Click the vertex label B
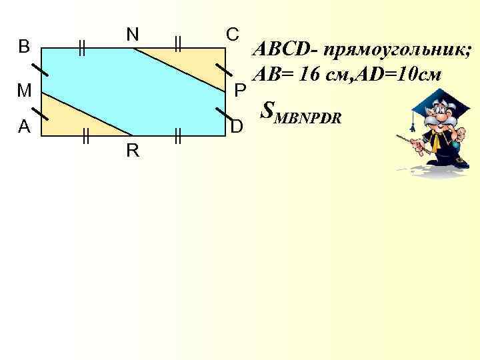24,46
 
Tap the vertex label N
133,33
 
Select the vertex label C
231,33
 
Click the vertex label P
241,89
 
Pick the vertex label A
24,127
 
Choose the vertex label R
133,151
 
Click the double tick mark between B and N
81,47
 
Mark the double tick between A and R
85,137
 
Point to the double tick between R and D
177,137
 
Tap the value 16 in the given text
310,74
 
